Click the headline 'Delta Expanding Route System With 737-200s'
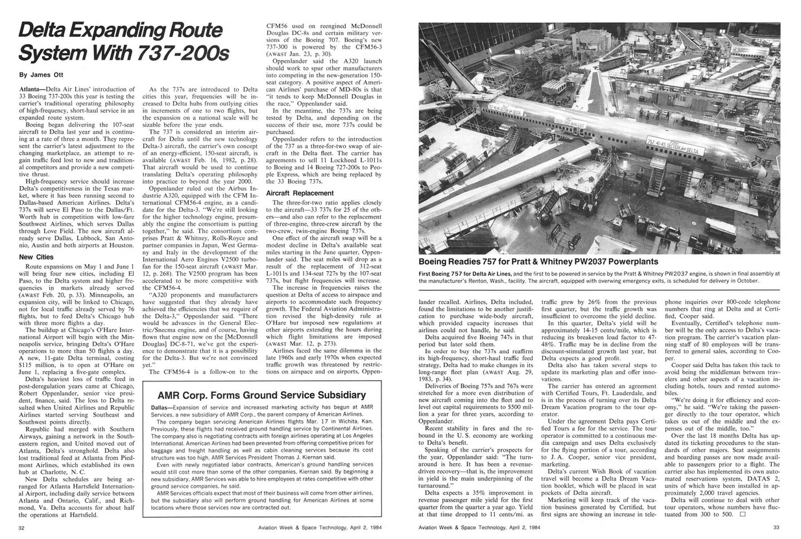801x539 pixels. (123, 40)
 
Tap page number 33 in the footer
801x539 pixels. (776, 527)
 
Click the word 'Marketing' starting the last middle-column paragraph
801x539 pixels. (566, 500)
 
